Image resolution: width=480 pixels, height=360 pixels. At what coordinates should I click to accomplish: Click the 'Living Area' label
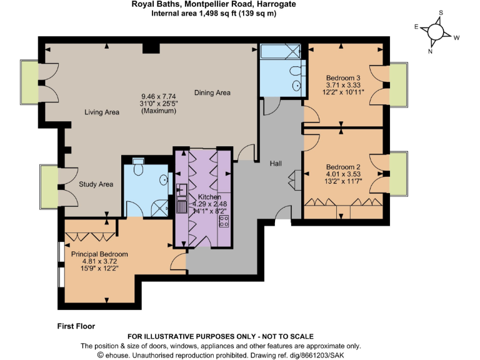tap(102, 112)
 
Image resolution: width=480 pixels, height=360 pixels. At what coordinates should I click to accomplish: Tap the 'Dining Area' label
tap(212, 93)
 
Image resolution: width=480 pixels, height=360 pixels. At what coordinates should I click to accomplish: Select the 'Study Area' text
tap(96, 184)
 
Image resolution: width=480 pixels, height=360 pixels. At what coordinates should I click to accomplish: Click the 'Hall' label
tap(276, 164)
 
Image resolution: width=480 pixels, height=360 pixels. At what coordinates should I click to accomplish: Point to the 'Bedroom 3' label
tap(342, 78)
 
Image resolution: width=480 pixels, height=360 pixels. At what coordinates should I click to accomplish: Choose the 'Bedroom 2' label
tap(342, 167)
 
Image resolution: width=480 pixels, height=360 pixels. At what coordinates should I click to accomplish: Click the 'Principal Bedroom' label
tap(99, 254)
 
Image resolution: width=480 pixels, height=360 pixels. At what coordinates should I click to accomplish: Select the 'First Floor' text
tap(72, 325)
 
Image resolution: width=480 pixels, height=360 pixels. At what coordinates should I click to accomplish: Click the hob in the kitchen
tap(224, 221)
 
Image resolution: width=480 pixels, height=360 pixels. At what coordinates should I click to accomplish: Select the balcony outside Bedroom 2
tap(398, 173)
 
